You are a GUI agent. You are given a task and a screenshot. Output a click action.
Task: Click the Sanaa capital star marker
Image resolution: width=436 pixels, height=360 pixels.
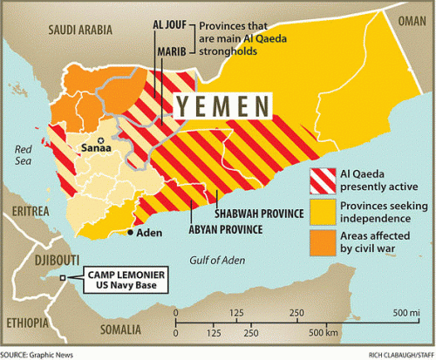(x=102, y=139)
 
